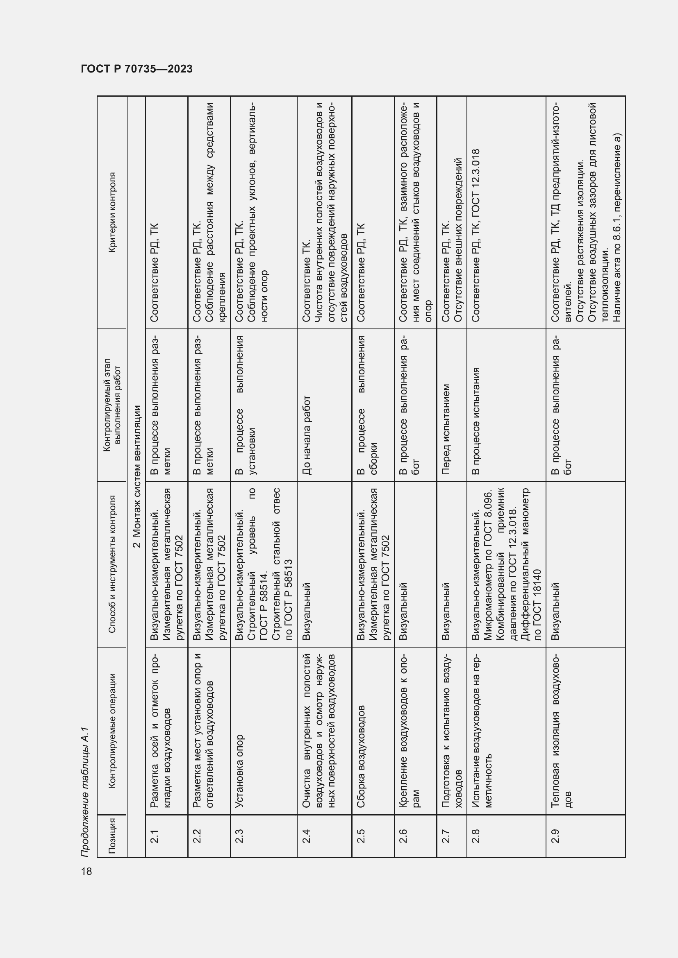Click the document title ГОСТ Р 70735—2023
pos(137,69)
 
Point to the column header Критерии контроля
pos(111,213)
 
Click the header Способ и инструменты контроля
pos(111,564)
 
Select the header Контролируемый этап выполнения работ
pos(111,405)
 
